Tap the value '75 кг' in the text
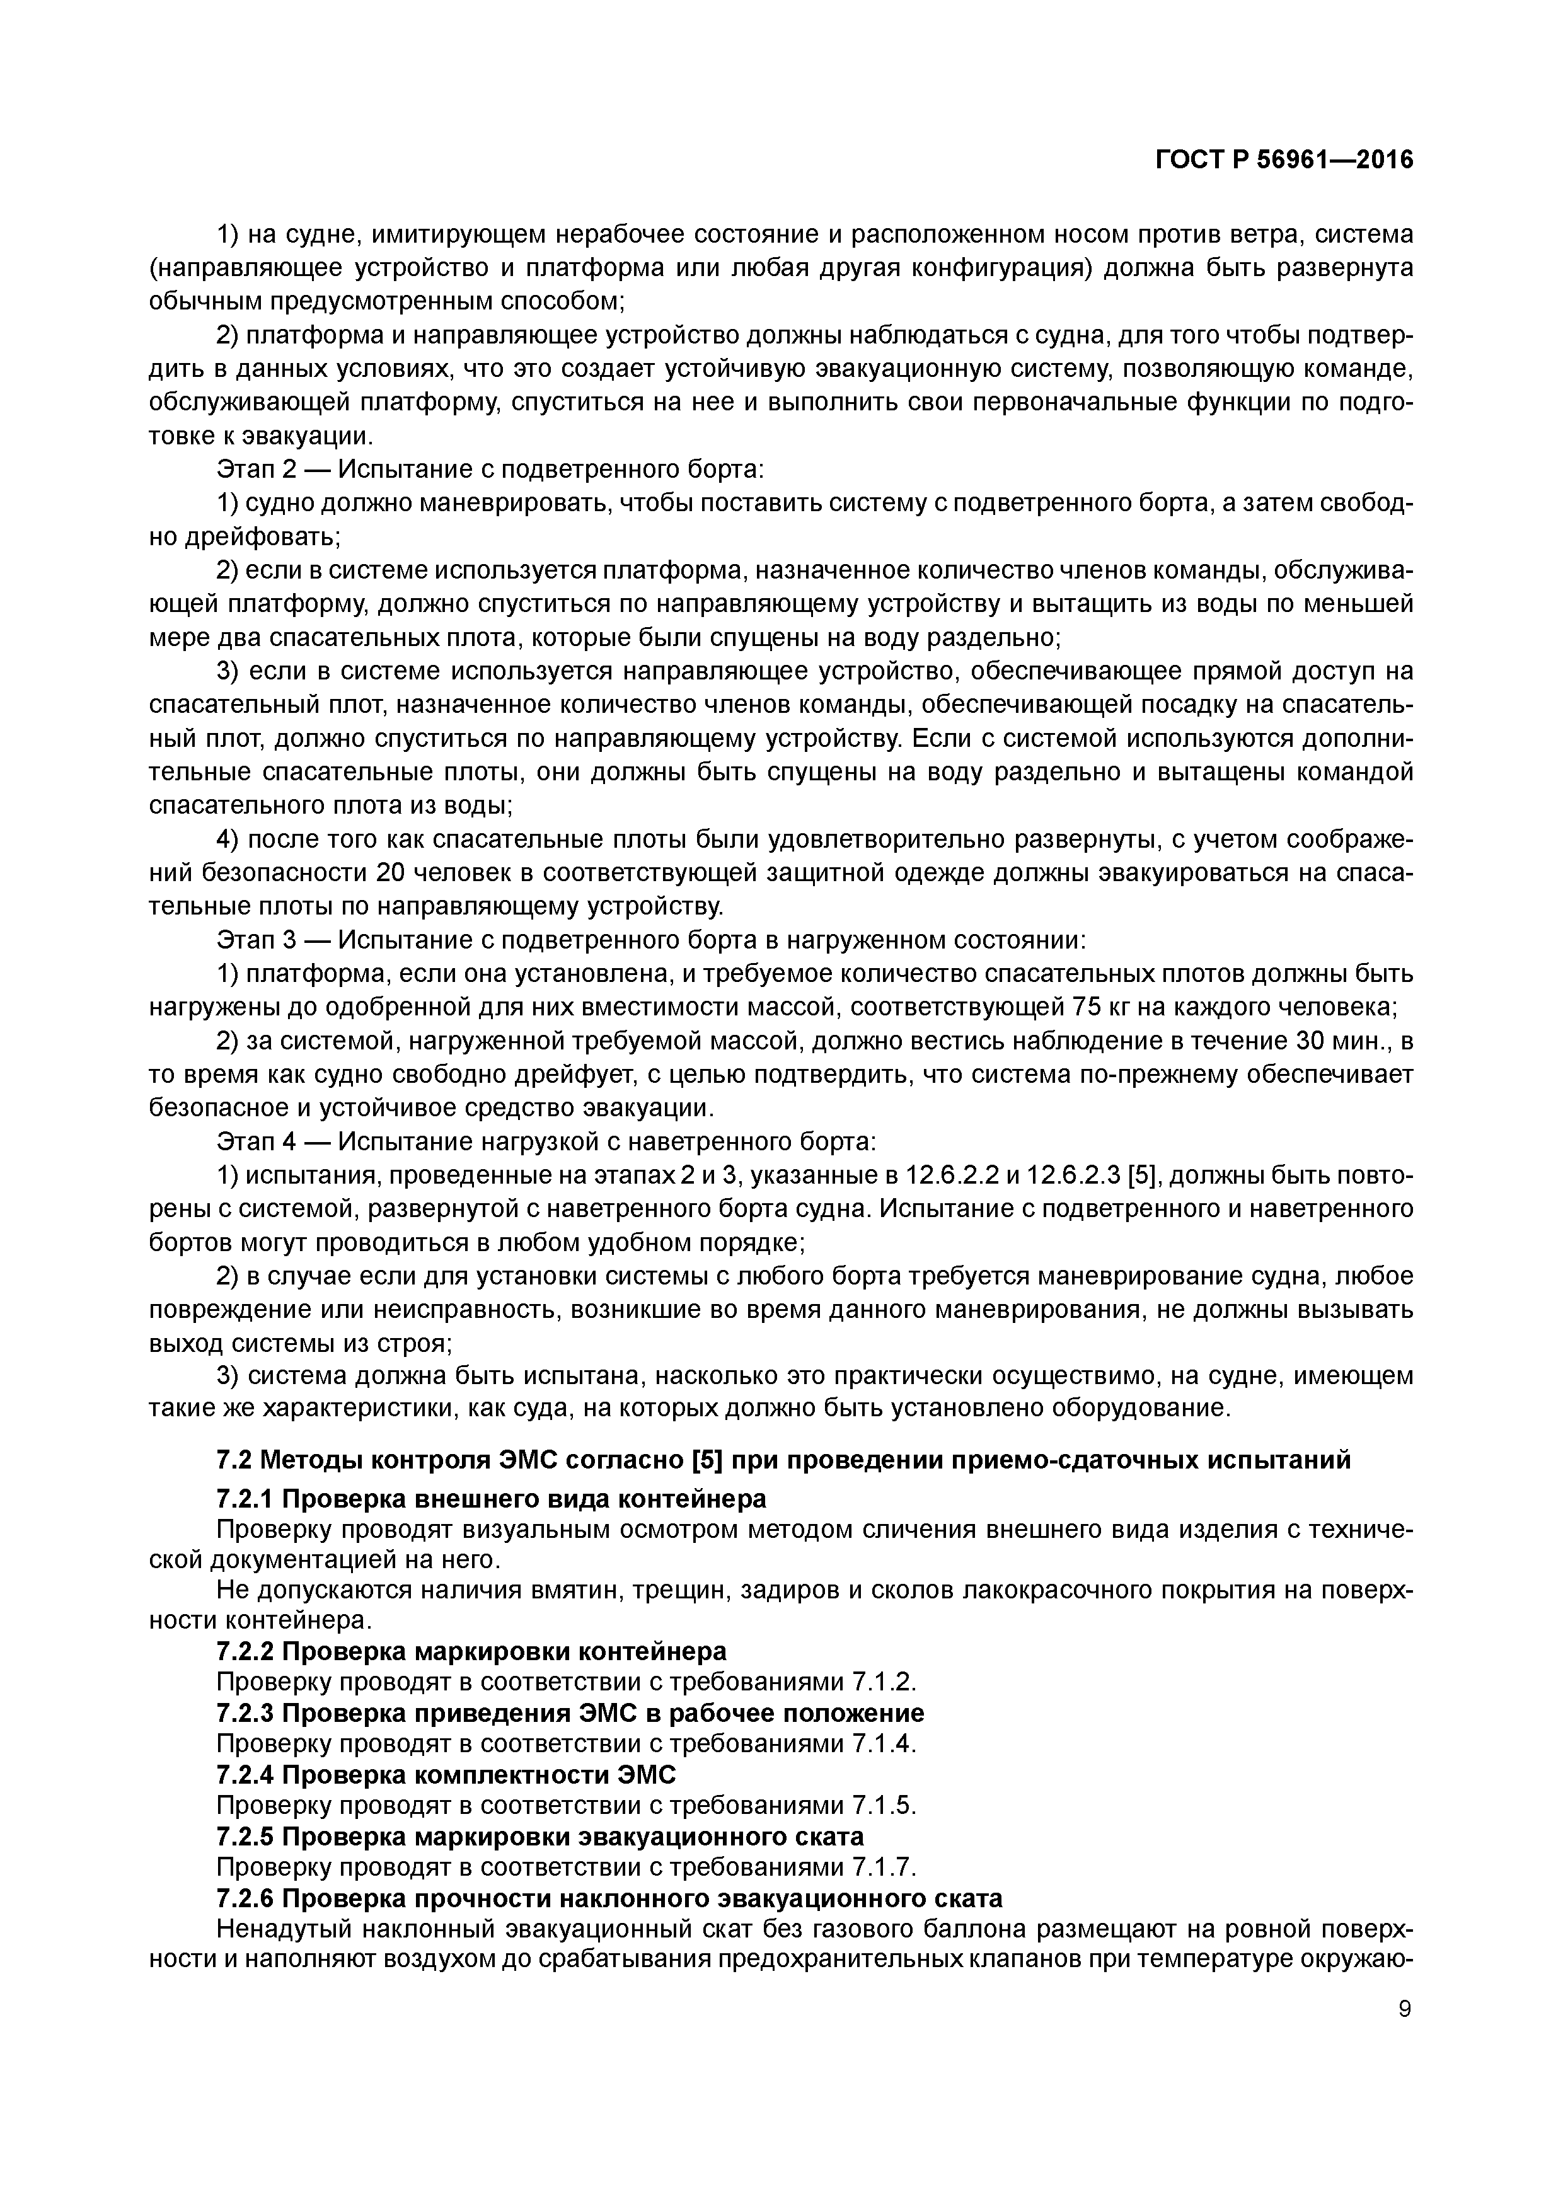point(1099,1007)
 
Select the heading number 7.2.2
point(246,1651)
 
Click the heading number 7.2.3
point(246,1713)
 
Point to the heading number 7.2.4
point(246,1775)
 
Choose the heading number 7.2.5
point(246,1837)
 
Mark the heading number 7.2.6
point(246,1898)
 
